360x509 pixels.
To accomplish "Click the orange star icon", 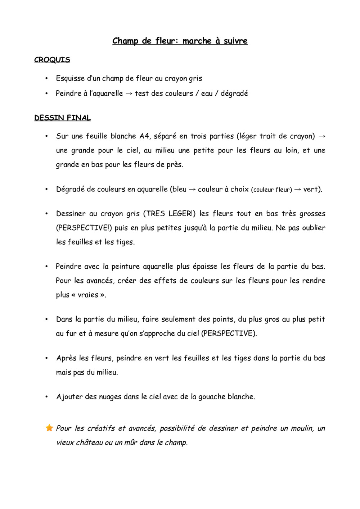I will coord(49,428).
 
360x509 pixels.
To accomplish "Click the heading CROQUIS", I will coord(52,60).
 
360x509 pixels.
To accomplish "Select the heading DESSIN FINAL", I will coord(62,118).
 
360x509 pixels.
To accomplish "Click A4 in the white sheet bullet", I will coord(144,136).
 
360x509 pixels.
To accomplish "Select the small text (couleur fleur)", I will coord(271,190).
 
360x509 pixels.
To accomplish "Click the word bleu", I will coord(179,189).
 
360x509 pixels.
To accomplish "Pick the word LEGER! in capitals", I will coord(182,214).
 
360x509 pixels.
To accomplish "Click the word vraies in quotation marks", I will coord(88,295).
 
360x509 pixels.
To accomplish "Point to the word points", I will coord(224,319).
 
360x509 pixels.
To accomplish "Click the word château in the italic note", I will coord(89,442).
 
